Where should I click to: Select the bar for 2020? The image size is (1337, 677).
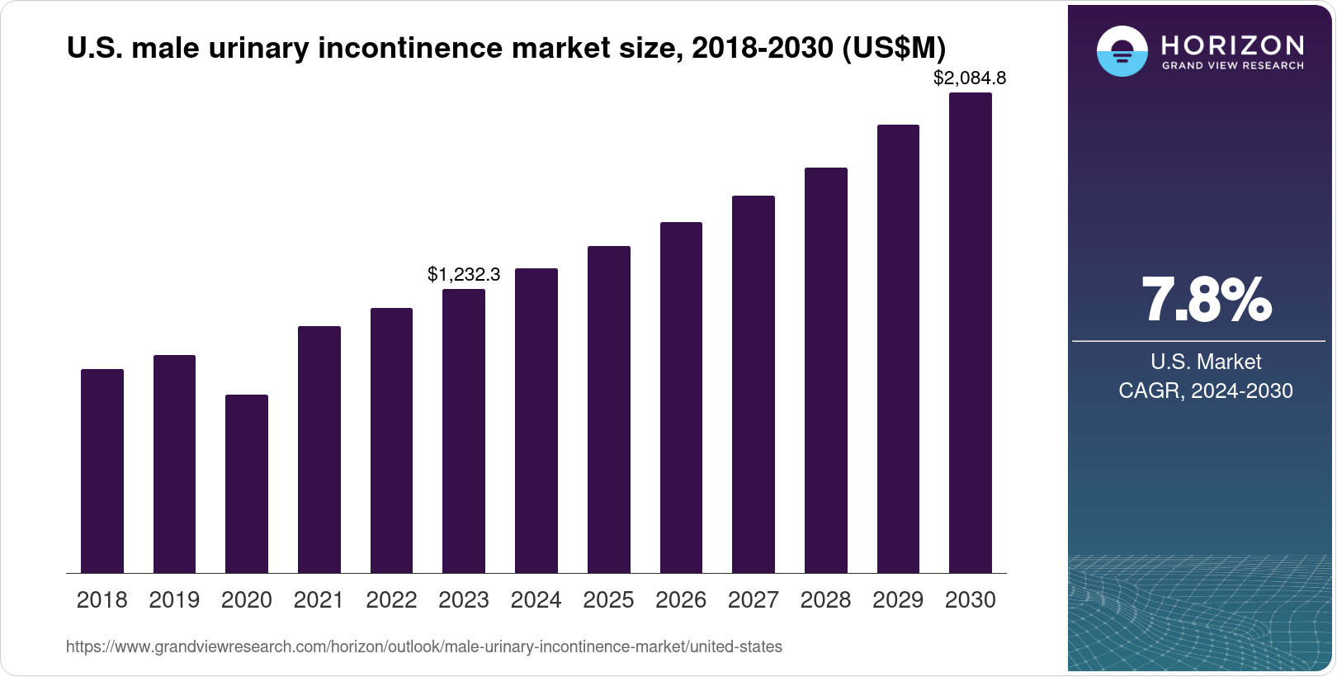pos(246,484)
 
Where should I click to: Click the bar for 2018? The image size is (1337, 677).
pos(102,471)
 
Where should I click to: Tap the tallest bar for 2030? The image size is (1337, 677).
pos(970,333)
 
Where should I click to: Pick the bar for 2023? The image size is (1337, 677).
pos(463,431)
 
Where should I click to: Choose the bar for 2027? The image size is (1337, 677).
pos(753,384)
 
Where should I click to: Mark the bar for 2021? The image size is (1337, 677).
pos(319,449)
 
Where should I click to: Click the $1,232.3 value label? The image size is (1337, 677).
pos(463,274)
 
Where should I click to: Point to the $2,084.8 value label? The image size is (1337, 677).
pos(969,78)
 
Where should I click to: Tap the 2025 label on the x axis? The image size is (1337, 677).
pos(608,600)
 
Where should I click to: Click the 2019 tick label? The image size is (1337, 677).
pos(174,600)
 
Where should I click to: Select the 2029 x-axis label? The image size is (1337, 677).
pos(898,600)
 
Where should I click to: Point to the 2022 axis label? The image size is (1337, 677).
pos(391,600)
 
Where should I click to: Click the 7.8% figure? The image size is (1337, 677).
pos(1206,301)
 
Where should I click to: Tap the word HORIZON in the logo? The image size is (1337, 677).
pos(1232,45)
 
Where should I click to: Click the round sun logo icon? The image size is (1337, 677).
pos(1122,51)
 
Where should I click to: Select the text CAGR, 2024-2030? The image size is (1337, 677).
pos(1205,391)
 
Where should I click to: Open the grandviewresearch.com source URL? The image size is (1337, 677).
pos(423,647)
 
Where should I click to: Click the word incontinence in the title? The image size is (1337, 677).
pos(410,48)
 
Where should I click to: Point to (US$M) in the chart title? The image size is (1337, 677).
pos(894,48)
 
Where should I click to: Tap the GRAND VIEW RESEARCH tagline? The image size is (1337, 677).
pos(1232,65)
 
